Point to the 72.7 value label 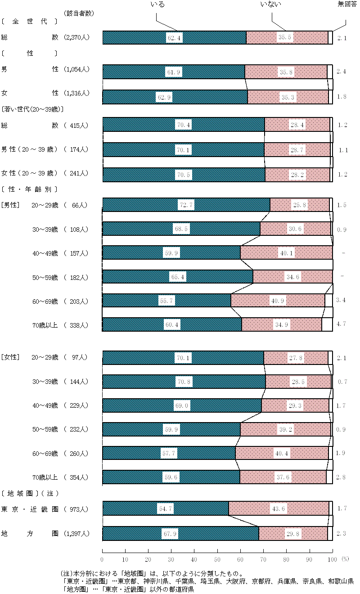pyautogui.click(x=186, y=205)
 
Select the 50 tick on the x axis pyautogui.click(x=217, y=559)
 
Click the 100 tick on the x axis pyautogui.click(x=332, y=559)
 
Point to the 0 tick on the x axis pyautogui.click(x=103, y=559)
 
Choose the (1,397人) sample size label pyautogui.click(x=76, y=534)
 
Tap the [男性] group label pyautogui.click(x=10, y=205)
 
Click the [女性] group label pyautogui.click(x=10, y=357)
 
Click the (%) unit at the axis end pyautogui.click(x=345, y=559)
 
